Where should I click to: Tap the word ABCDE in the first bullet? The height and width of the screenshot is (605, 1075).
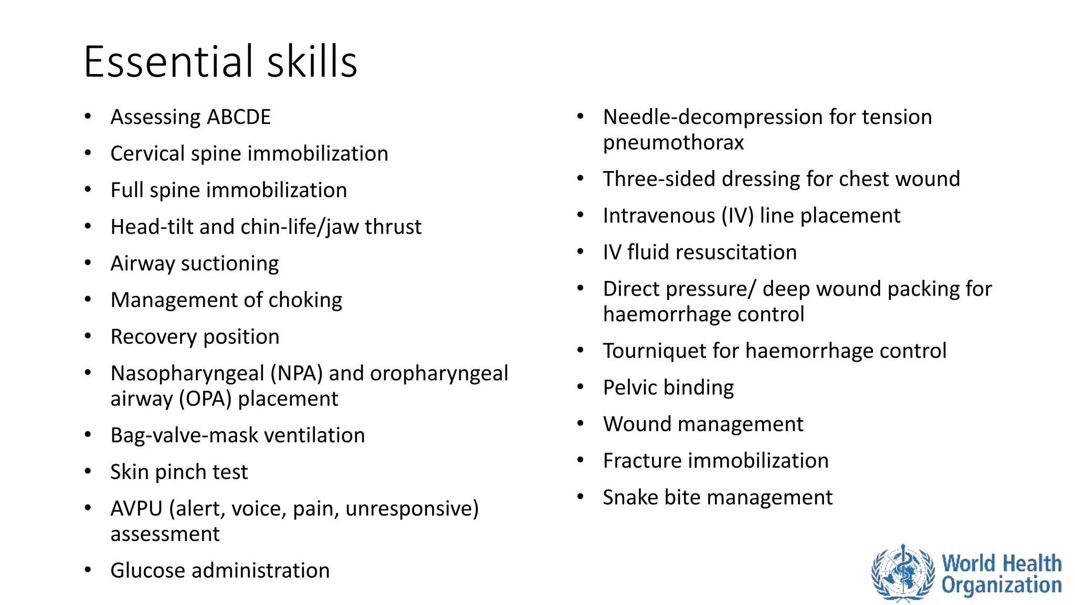point(239,117)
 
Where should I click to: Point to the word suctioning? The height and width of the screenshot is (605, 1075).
point(229,264)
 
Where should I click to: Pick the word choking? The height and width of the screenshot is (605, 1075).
point(305,300)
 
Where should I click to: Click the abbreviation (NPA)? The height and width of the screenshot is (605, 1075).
point(297,373)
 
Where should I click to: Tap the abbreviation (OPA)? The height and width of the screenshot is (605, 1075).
point(205,399)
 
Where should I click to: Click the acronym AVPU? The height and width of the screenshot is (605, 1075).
point(136,508)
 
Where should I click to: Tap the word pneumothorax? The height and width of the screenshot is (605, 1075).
point(673,143)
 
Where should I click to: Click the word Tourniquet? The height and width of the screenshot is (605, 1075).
point(654,351)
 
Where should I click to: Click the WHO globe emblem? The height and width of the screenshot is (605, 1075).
point(903,573)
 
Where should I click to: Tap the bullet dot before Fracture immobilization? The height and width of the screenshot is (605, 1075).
point(580,461)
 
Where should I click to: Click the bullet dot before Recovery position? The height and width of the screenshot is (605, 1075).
point(88,336)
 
